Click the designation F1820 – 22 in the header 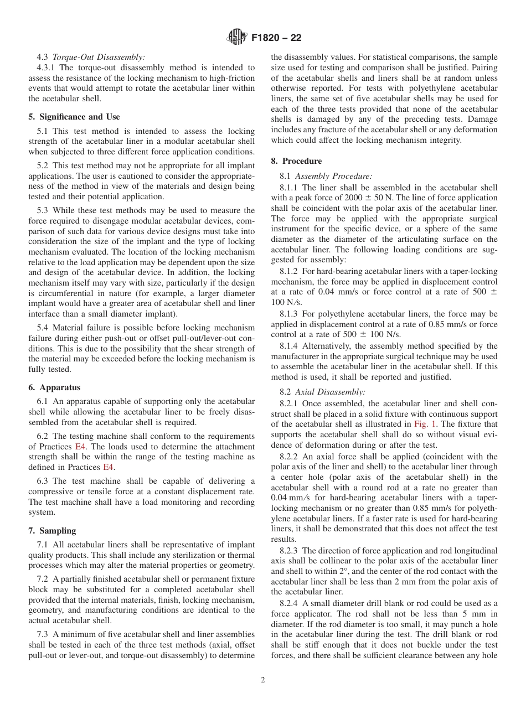click(276, 38)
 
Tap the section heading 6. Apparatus click(54, 387)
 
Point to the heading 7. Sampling click(52, 531)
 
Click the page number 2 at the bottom click(263, 680)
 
